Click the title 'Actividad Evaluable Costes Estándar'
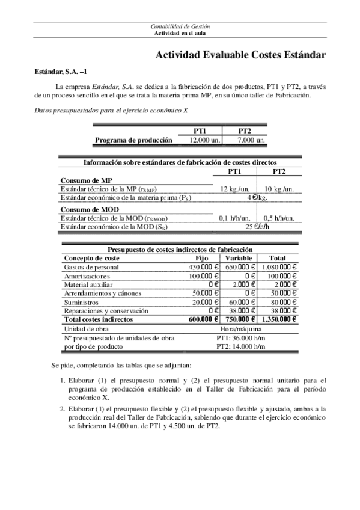point(240,55)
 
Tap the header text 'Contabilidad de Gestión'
point(180,27)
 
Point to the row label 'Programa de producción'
point(134,140)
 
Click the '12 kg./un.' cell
point(234,189)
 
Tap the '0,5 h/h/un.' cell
point(279,218)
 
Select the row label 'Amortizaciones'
point(87,275)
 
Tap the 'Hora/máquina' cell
point(239,329)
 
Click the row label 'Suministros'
point(82,302)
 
